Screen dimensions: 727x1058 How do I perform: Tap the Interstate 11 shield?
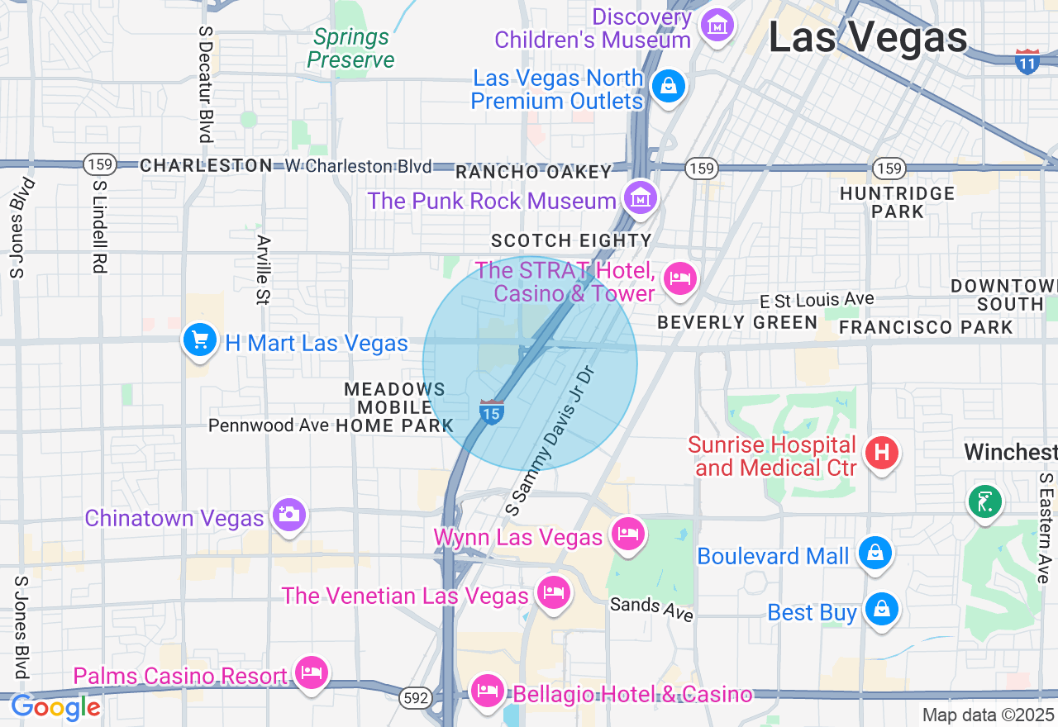coord(1027,61)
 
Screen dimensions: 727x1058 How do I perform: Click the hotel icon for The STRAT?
coord(679,278)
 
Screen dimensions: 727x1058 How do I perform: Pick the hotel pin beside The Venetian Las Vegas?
coord(553,593)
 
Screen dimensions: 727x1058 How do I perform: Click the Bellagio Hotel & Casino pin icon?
coord(487,691)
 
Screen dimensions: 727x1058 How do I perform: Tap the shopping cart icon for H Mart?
coord(199,340)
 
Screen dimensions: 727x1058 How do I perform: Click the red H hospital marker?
coord(881,453)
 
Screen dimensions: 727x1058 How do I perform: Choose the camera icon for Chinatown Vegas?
coord(288,516)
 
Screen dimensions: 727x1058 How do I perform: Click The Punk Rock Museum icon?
coord(640,198)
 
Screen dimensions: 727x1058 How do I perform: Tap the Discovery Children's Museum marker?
coord(717,26)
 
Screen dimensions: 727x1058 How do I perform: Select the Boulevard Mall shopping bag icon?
coord(875,554)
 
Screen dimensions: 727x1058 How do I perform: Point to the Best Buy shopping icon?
coord(881,611)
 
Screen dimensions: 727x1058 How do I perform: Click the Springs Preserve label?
coord(350,49)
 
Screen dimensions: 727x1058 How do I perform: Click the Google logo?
coord(55,708)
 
